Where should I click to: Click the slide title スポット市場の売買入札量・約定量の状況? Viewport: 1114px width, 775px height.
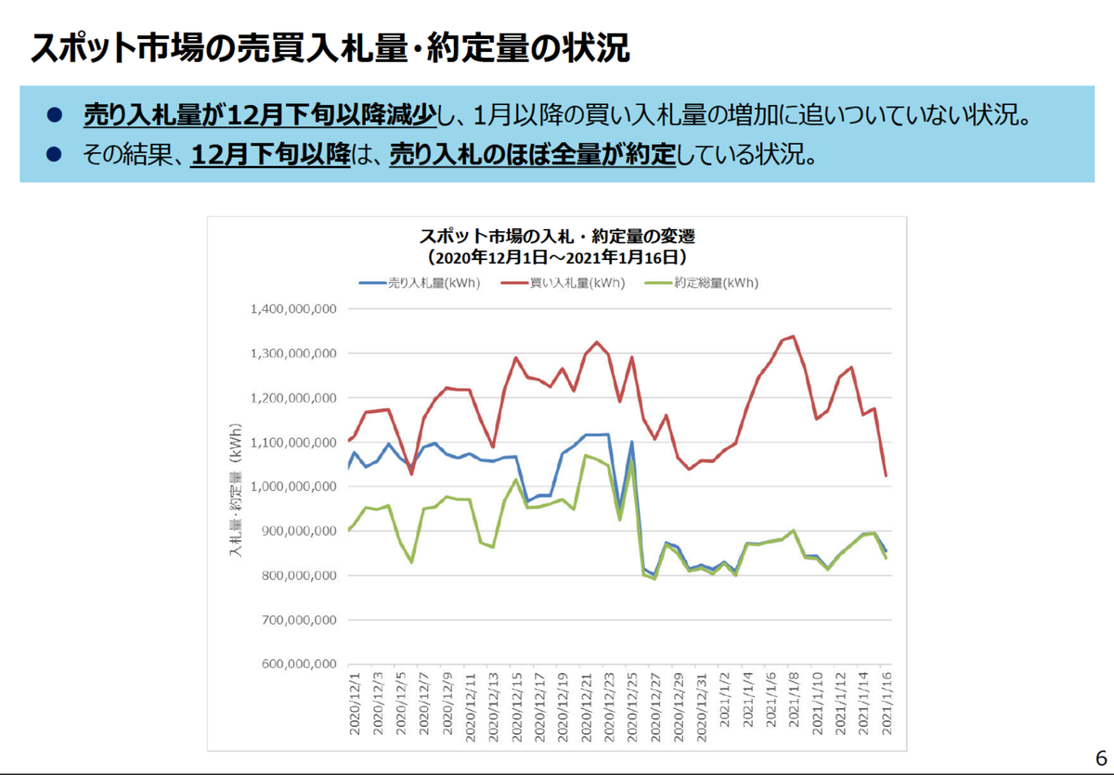[330, 48]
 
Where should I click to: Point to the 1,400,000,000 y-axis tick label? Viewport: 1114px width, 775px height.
[292, 309]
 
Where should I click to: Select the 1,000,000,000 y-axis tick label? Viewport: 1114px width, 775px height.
[292, 486]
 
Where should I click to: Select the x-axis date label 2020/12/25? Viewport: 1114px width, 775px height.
[631, 705]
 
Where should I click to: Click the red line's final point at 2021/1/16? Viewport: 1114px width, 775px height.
[886, 476]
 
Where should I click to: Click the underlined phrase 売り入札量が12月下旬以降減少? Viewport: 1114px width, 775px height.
[259, 115]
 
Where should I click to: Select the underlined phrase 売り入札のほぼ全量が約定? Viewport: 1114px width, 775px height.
[531, 153]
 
